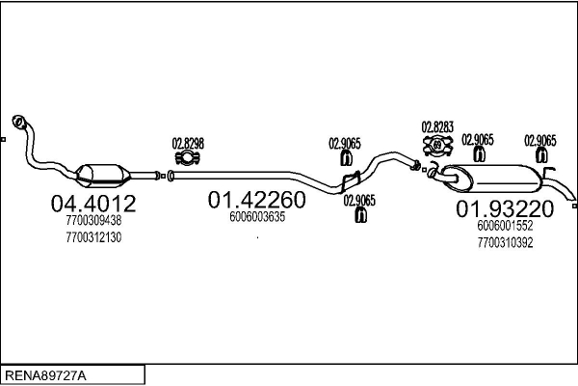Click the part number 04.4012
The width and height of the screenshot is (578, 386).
tap(93, 204)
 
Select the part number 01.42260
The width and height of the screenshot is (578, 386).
tap(257, 200)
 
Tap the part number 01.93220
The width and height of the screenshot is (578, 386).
tap(505, 208)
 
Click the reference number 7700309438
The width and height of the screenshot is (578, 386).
tap(93, 221)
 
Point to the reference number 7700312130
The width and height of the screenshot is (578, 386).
tap(93, 237)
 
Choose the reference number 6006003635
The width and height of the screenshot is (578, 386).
tap(257, 217)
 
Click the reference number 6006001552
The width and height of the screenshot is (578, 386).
tap(505, 225)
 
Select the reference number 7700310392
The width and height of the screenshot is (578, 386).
tap(505, 242)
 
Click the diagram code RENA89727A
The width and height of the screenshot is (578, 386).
tap(45, 375)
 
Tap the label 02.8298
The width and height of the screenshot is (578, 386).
tap(188, 144)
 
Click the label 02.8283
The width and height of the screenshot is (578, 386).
tap(437, 127)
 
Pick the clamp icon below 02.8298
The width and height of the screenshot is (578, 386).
tap(187, 158)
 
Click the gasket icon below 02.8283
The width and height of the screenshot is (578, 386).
tap(437, 145)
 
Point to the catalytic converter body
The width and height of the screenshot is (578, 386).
tap(103, 176)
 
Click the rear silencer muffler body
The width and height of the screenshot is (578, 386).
tap(494, 179)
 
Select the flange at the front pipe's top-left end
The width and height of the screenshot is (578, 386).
tap(18, 122)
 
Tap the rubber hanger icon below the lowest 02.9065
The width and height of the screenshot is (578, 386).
tap(360, 215)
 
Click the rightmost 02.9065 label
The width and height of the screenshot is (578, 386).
tap(540, 141)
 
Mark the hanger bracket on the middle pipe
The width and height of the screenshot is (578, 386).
tap(351, 181)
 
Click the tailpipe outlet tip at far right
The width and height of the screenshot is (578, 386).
tap(574, 206)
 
